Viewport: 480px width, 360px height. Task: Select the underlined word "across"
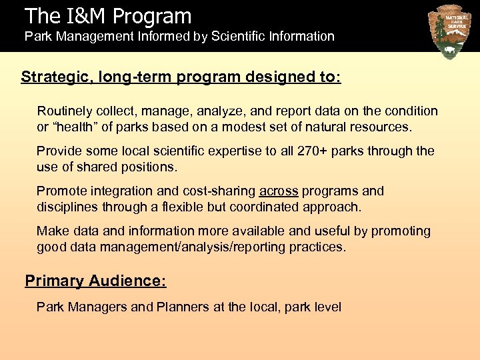[x=279, y=191]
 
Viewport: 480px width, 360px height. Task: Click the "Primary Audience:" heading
[x=95, y=281]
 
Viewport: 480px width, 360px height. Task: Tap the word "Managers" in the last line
[x=96, y=307]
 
